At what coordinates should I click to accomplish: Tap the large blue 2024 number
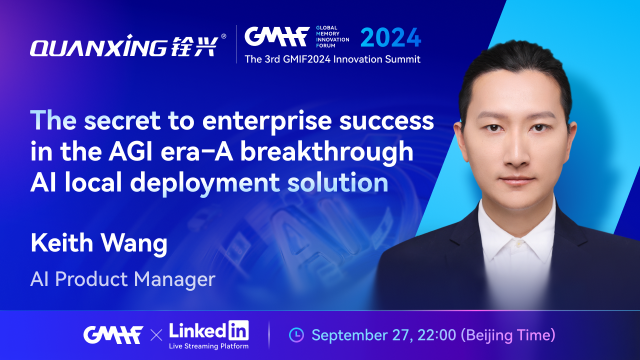390,37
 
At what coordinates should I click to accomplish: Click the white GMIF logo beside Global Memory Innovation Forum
277,36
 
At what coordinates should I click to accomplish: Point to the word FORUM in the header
325,45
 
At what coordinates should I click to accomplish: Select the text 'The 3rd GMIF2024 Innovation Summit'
332,59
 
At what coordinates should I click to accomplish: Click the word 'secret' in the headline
122,120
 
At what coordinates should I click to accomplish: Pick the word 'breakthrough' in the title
326,152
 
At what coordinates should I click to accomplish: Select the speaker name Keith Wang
99,243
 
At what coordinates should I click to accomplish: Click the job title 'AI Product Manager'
123,279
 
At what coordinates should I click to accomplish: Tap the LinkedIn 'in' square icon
238,330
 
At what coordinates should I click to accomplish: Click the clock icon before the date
296,335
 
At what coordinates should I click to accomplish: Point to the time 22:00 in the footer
436,335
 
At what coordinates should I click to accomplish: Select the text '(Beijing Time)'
508,335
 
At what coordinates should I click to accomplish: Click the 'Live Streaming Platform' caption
209,346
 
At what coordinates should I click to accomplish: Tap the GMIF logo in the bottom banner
113,334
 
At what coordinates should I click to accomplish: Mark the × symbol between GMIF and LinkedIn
156,335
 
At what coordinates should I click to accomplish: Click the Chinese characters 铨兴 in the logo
195,46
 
